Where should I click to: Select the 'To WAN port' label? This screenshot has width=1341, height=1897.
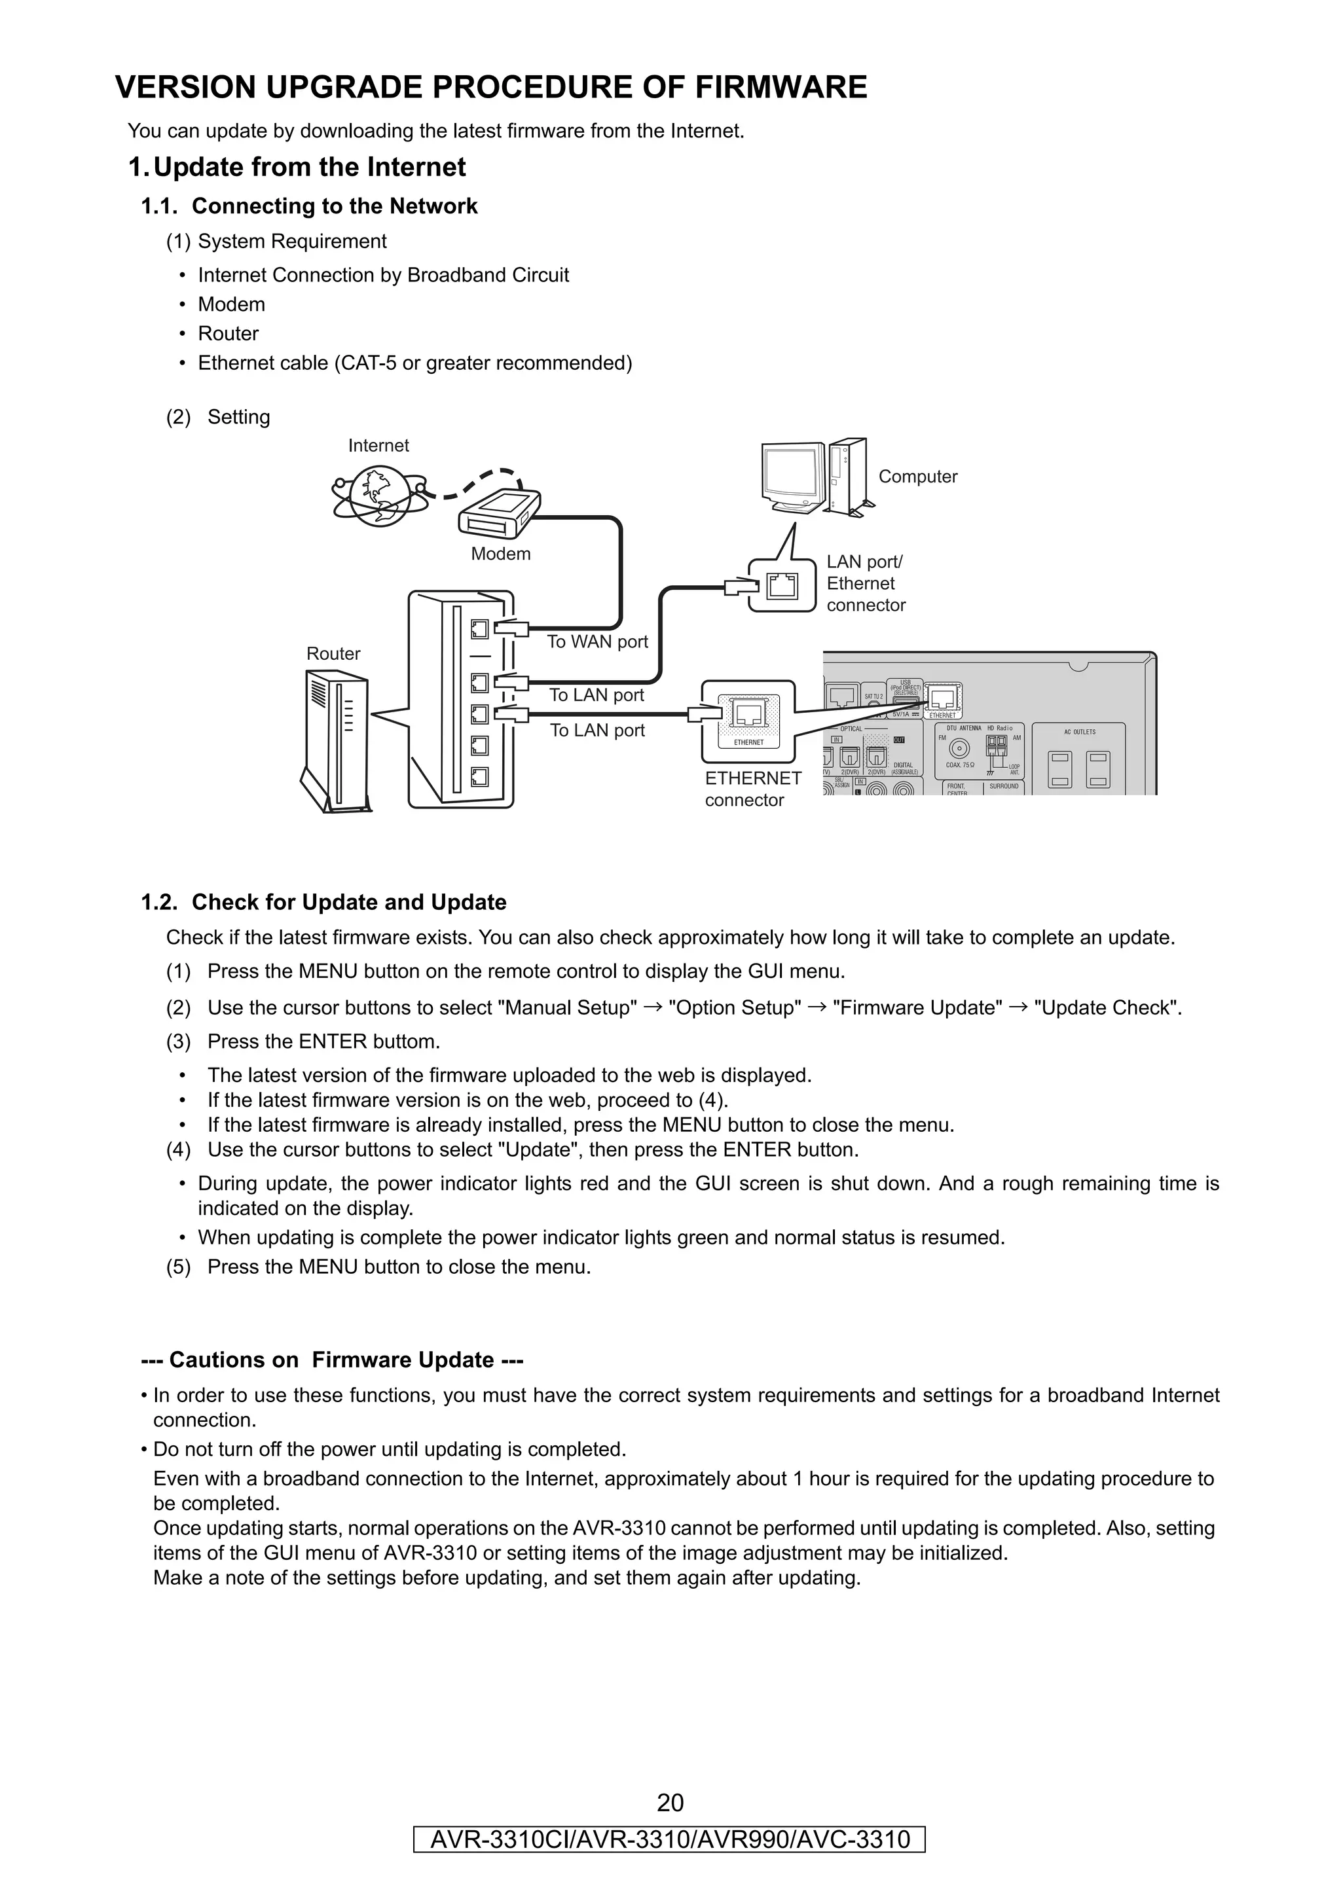point(597,642)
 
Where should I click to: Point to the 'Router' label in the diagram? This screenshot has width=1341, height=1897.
point(333,653)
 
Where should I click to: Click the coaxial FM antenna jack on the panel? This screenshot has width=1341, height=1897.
point(959,750)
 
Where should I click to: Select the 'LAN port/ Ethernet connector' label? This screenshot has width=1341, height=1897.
point(865,583)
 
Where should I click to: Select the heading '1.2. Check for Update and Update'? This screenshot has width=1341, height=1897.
point(324,902)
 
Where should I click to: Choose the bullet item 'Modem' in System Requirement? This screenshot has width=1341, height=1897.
point(231,305)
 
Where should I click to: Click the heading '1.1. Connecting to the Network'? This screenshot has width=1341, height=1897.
point(310,207)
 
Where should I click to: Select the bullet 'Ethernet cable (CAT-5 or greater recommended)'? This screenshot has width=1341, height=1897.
point(414,363)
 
